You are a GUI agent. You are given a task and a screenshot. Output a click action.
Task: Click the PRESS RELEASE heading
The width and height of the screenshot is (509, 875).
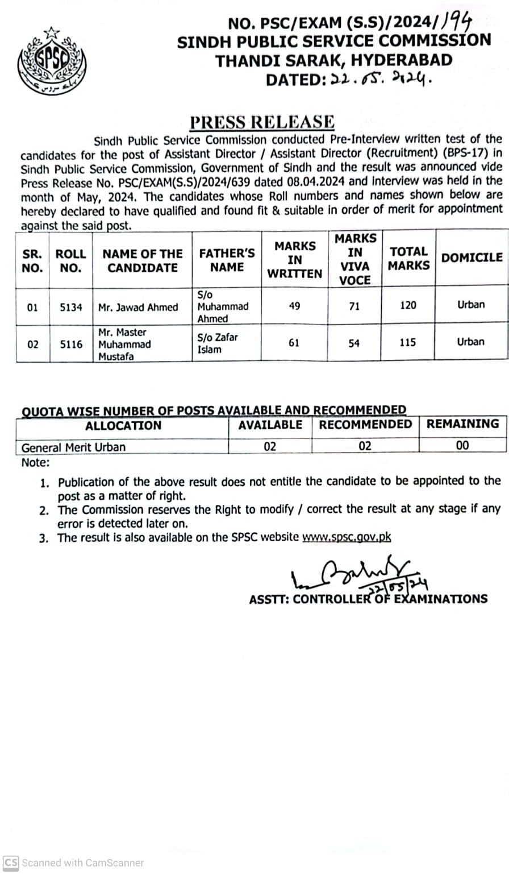(262, 122)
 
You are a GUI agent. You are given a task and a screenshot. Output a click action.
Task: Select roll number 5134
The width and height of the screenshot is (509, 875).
(71, 307)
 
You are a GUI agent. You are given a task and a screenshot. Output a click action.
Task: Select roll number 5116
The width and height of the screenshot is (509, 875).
(71, 344)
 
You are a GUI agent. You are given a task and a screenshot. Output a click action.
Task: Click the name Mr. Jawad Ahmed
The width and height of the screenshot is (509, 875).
(138, 307)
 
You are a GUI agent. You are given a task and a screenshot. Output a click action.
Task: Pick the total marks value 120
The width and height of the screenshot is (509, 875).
(408, 305)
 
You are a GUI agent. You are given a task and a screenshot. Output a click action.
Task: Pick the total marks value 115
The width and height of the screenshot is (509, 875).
(408, 342)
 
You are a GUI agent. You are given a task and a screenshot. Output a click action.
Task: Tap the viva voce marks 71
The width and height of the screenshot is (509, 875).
(354, 306)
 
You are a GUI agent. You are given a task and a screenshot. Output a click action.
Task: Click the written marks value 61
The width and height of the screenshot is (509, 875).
(294, 343)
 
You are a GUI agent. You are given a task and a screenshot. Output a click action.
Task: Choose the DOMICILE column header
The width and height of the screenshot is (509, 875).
(472, 258)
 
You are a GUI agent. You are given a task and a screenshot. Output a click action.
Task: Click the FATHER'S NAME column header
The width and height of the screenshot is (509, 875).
(227, 260)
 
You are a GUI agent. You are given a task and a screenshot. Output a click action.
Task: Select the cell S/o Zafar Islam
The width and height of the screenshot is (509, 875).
(218, 343)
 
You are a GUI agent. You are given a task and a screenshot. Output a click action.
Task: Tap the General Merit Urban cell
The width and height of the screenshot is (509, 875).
(73, 447)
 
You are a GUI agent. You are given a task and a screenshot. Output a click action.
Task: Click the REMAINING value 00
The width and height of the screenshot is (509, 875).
(462, 446)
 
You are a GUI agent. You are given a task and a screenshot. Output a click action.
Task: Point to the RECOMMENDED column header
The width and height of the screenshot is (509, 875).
(365, 425)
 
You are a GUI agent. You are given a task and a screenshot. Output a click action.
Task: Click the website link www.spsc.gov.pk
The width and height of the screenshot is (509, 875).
(347, 537)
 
